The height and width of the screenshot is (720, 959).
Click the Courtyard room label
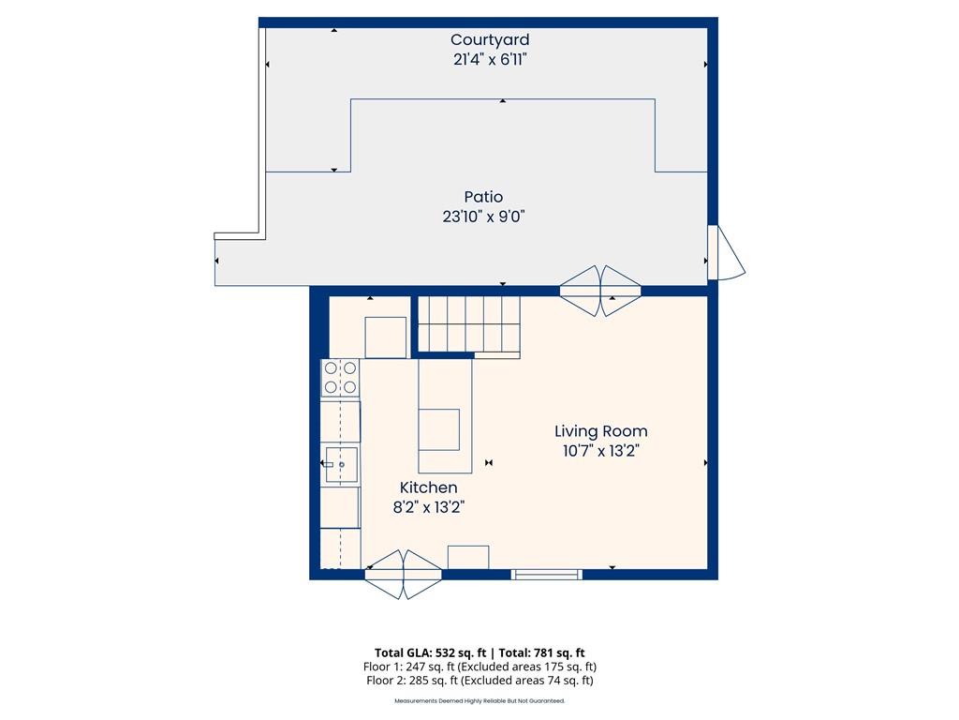coord(490,40)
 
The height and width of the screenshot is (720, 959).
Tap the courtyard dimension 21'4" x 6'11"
coord(490,59)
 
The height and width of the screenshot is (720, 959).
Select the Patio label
coord(483,197)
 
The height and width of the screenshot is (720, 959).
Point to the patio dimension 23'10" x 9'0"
coord(484,217)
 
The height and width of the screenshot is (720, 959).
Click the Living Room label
coord(600,431)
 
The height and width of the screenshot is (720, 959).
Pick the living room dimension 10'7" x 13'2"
coord(600,451)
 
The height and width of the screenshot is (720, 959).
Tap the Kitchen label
coord(428,487)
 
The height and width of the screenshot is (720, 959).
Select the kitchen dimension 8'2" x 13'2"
coord(429,507)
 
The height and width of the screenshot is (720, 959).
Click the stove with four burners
coord(340,378)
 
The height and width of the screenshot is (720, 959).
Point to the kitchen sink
coord(341,465)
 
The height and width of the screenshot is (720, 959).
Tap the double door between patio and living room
coord(600,292)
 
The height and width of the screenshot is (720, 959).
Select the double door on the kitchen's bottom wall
coord(403,575)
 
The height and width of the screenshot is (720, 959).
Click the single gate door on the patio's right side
coord(726,252)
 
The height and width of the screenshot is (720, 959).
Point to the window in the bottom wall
coord(546,575)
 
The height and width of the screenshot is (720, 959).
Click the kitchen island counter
coord(445,416)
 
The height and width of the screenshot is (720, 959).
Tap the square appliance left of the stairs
coord(385,337)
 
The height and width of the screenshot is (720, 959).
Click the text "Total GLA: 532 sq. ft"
coord(430,652)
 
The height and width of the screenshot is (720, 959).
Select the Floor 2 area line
coord(479,681)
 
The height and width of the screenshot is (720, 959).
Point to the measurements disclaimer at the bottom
coord(479,700)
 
